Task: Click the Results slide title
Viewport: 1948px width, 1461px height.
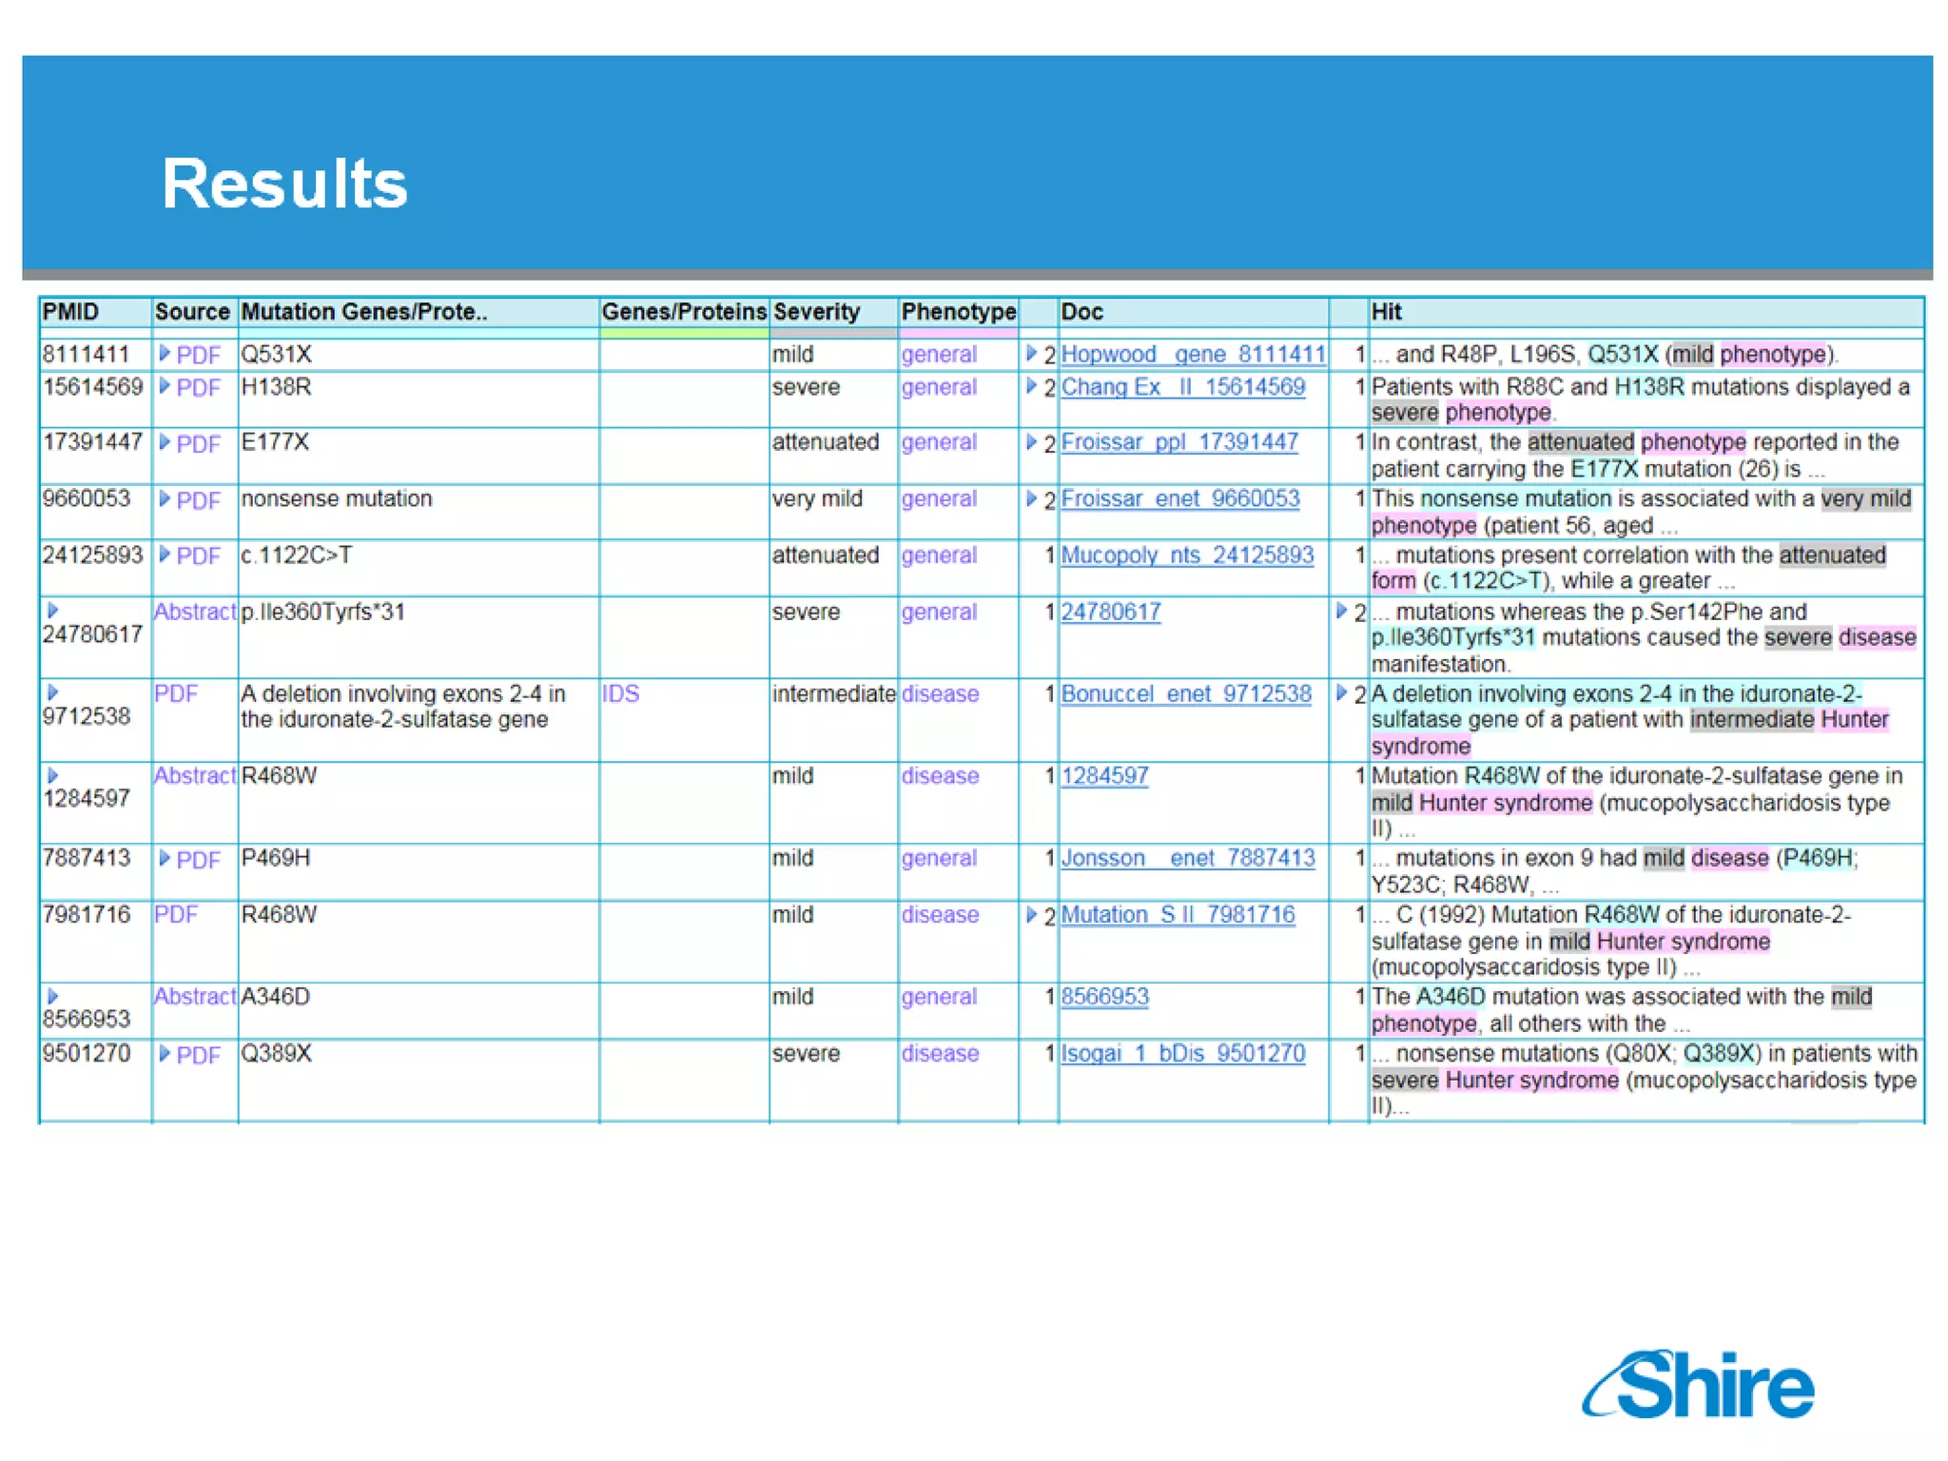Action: tap(284, 183)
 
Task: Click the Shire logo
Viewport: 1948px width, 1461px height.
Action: tap(1699, 1385)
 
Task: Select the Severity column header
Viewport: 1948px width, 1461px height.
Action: tap(816, 312)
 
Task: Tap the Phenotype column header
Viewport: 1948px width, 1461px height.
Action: tap(958, 312)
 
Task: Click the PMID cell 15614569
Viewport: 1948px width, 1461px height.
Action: tap(92, 387)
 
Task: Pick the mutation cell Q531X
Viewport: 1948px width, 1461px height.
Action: tap(276, 355)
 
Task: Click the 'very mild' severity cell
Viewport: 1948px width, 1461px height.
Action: tap(817, 498)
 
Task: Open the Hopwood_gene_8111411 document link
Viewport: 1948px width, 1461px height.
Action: tap(1193, 355)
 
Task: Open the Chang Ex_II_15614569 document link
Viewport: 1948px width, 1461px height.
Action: tap(1182, 387)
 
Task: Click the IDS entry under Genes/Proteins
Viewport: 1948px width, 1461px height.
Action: tap(620, 693)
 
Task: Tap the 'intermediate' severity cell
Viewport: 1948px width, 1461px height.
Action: tap(833, 693)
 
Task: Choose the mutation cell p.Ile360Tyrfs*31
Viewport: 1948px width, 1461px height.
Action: tap(323, 612)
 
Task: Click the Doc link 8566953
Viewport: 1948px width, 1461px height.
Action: tap(1104, 997)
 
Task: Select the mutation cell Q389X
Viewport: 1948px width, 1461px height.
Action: tap(276, 1054)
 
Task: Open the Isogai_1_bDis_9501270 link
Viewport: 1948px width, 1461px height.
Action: tap(1182, 1054)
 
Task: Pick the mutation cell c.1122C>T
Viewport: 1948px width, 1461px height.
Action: tap(296, 555)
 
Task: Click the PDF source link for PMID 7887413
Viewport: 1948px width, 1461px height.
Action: tap(198, 860)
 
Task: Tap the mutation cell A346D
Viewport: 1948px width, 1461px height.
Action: tap(276, 997)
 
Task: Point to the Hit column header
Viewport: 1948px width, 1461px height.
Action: tap(1386, 312)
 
